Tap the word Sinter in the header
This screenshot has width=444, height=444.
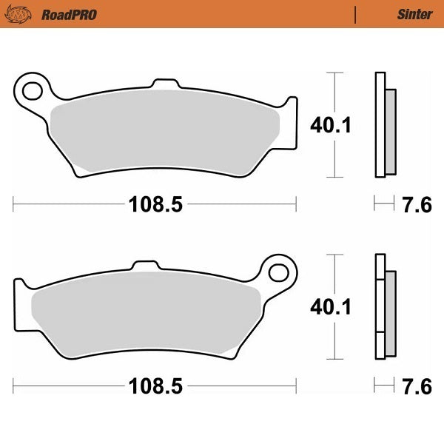pos(415,14)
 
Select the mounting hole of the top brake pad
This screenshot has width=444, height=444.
pos(32,91)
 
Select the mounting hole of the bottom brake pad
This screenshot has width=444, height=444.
pos(279,272)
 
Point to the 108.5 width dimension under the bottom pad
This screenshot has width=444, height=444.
pos(155,386)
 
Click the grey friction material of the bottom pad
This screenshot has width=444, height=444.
pos(148,311)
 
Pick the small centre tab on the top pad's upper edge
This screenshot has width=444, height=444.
pos(162,82)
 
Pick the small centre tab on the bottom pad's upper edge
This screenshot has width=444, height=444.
pos(144,264)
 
